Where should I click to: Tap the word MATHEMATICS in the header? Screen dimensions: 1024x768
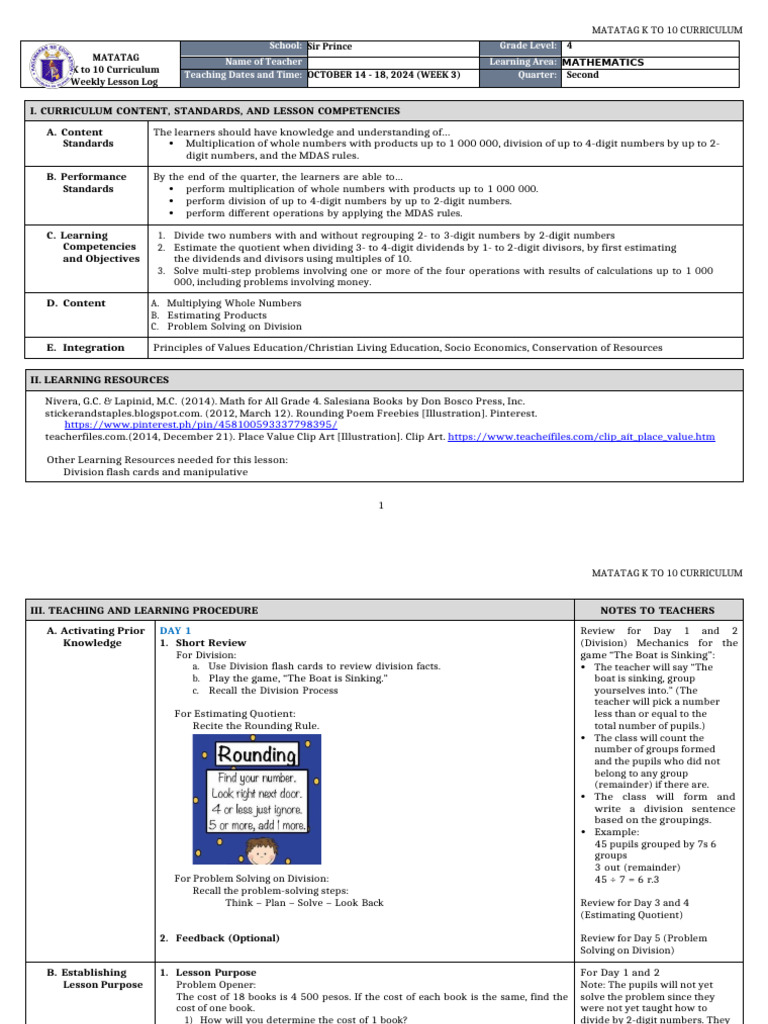[x=603, y=62]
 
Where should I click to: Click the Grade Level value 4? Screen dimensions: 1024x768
[x=569, y=46]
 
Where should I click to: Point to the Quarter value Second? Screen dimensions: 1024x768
[x=582, y=75]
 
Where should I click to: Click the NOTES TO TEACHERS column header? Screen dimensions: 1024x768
[x=657, y=610]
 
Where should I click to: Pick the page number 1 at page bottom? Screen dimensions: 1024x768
[x=381, y=505]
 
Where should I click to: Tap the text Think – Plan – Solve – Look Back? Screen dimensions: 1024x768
[x=304, y=903]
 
